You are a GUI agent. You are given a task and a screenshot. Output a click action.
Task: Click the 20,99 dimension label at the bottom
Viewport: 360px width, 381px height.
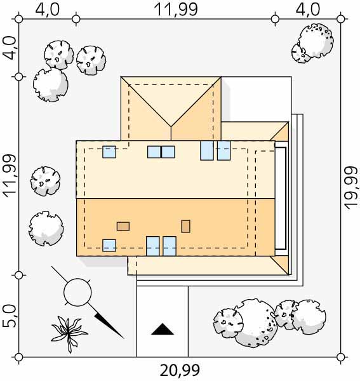[x=180, y=370]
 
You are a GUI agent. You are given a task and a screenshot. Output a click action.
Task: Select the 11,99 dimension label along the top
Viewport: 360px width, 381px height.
[x=176, y=10]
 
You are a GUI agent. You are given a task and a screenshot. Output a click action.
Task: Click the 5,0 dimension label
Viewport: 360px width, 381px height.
[x=10, y=316]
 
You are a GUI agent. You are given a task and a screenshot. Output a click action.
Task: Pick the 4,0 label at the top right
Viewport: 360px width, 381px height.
[x=307, y=10]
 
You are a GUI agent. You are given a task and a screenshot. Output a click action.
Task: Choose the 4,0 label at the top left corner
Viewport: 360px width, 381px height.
[x=47, y=10]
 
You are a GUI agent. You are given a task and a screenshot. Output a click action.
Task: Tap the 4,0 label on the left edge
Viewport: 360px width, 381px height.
[x=10, y=48]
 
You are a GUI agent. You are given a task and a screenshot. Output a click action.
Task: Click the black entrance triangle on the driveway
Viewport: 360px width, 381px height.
[x=163, y=330]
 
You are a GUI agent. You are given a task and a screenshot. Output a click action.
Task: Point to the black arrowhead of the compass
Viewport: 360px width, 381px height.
[x=109, y=326]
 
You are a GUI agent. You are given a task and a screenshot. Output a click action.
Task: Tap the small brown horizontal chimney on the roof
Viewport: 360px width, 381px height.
[x=123, y=226]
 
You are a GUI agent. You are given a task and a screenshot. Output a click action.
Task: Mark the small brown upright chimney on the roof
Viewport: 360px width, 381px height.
[x=186, y=226]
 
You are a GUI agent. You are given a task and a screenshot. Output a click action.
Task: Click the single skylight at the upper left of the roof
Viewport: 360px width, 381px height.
[x=109, y=152]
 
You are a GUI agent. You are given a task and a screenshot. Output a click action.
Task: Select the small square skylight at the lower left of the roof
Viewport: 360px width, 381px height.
[x=109, y=245]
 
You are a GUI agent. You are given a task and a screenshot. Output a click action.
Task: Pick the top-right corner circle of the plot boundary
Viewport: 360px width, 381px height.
[x=341, y=18]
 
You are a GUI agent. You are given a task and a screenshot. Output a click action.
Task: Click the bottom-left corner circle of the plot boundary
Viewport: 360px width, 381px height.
[x=18, y=357]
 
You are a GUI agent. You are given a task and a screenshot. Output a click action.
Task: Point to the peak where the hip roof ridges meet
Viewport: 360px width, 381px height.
[x=171, y=126]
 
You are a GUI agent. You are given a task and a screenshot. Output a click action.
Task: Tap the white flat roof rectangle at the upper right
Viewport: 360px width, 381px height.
[x=257, y=99]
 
